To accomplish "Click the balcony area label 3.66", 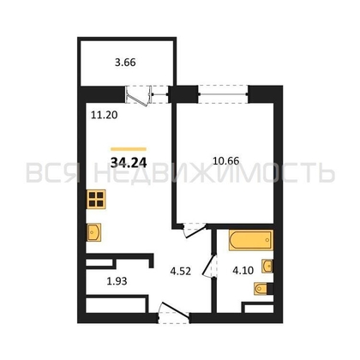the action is (125, 63).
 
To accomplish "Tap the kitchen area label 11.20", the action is (105, 115).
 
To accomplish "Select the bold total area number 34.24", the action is (129, 163).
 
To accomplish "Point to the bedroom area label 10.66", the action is (226, 161).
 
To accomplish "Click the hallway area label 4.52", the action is (180, 271).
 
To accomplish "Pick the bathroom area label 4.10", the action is (243, 270).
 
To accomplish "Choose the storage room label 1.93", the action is (117, 281).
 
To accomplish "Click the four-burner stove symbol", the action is (96, 199).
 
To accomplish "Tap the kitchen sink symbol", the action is (94, 232).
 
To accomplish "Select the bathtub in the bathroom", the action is (251, 240).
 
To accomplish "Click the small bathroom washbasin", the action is (267, 267).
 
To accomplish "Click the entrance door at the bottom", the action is (174, 313).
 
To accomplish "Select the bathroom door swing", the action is (210, 267).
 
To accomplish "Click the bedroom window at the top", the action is (223, 93).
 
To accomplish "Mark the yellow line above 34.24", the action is (129, 149).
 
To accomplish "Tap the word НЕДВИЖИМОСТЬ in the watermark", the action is (214, 173).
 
